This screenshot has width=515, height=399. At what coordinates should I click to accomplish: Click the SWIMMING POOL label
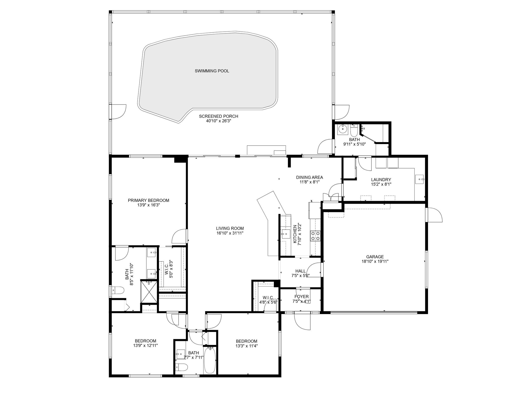pyautogui.click(x=212, y=71)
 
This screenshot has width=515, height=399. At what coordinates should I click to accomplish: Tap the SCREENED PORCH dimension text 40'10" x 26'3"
pyautogui.click(x=218, y=121)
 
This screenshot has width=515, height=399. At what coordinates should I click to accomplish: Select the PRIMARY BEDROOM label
pyautogui.click(x=148, y=200)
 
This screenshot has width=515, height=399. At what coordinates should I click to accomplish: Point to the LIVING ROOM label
pyautogui.click(x=230, y=228)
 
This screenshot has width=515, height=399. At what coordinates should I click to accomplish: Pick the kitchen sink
pyautogui.click(x=286, y=234)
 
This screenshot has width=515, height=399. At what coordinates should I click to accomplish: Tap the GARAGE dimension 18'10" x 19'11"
pyautogui.click(x=375, y=261)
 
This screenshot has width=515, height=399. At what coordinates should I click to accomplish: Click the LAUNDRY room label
pyautogui.click(x=381, y=180)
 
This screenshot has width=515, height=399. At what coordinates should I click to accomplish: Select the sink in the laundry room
pyautogui.click(x=419, y=179)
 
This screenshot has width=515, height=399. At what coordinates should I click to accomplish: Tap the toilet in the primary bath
pyautogui.click(x=118, y=291)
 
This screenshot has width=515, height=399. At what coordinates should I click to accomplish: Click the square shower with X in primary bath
pyautogui.click(x=149, y=292)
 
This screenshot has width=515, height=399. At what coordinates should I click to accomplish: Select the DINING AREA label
pyautogui.click(x=309, y=177)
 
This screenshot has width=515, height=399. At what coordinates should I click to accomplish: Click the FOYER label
pyautogui.click(x=302, y=297)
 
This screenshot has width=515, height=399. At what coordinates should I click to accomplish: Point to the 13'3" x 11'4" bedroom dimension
pyautogui.click(x=246, y=346)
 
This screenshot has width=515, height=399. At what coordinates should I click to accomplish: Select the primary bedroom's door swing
pyautogui.click(x=179, y=236)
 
